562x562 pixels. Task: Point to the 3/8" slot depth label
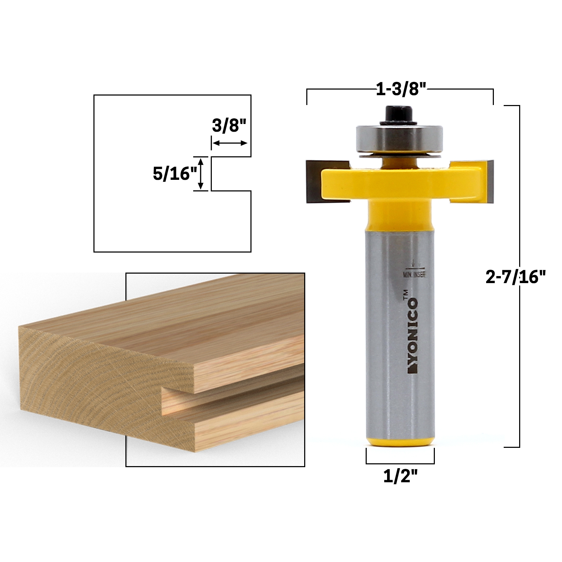click(230, 125)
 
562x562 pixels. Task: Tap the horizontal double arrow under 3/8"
click(230, 143)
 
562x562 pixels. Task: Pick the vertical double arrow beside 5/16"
click(201, 174)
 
